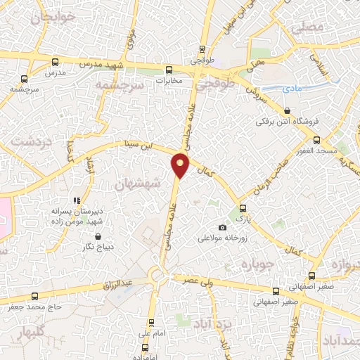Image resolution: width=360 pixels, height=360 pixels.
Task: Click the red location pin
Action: click(181, 165)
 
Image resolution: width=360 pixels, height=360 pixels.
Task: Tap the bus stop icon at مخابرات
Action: click(168, 70)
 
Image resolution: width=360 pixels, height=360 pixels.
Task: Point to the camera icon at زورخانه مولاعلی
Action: click(223, 227)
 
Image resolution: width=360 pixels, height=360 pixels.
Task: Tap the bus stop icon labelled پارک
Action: click(243, 208)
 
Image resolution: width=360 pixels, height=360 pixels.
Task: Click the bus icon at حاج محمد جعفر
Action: click(34, 295)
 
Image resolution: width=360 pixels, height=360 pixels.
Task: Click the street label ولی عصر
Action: click(199, 280)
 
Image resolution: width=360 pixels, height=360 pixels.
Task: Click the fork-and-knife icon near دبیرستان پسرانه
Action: click(77, 200)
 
